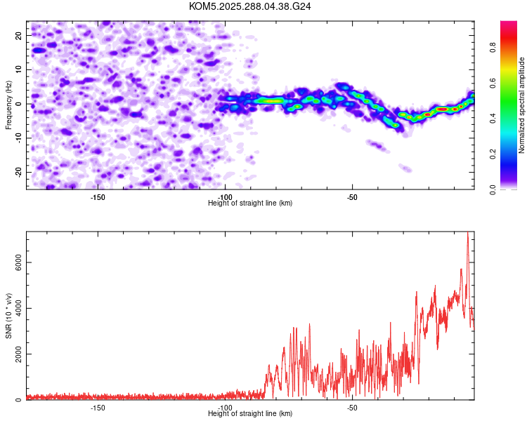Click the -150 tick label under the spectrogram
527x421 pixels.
(98, 197)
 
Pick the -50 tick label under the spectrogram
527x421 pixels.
(352, 197)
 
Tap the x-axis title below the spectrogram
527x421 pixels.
(250, 203)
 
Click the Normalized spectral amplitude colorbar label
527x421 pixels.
(522, 105)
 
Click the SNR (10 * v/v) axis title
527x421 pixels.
(9, 316)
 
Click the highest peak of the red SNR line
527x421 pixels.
(467, 233)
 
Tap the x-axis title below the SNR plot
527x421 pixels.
(250, 414)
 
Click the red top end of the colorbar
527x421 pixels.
(508, 25)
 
